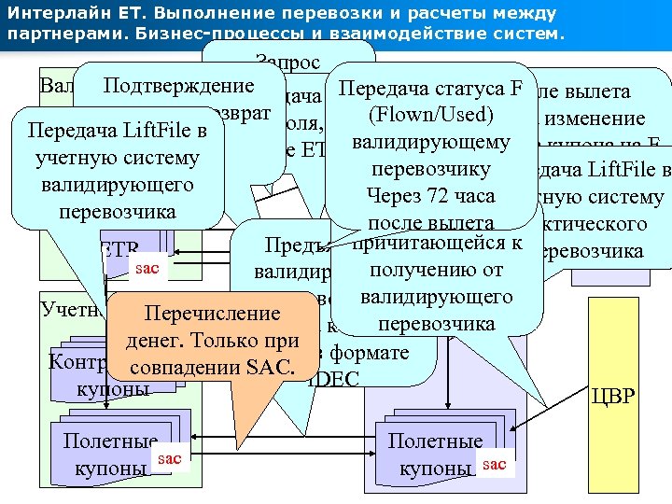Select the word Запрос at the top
pyautogui.click(x=287, y=63)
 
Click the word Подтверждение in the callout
pyautogui.click(x=179, y=87)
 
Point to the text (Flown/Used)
pyautogui.click(x=430, y=115)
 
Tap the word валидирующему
pyautogui.click(x=430, y=142)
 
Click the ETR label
pyautogui.click(x=118, y=250)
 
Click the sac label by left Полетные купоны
pyautogui.click(x=170, y=458)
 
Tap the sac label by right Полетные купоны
pyautogui.click(x=495, y=463)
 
